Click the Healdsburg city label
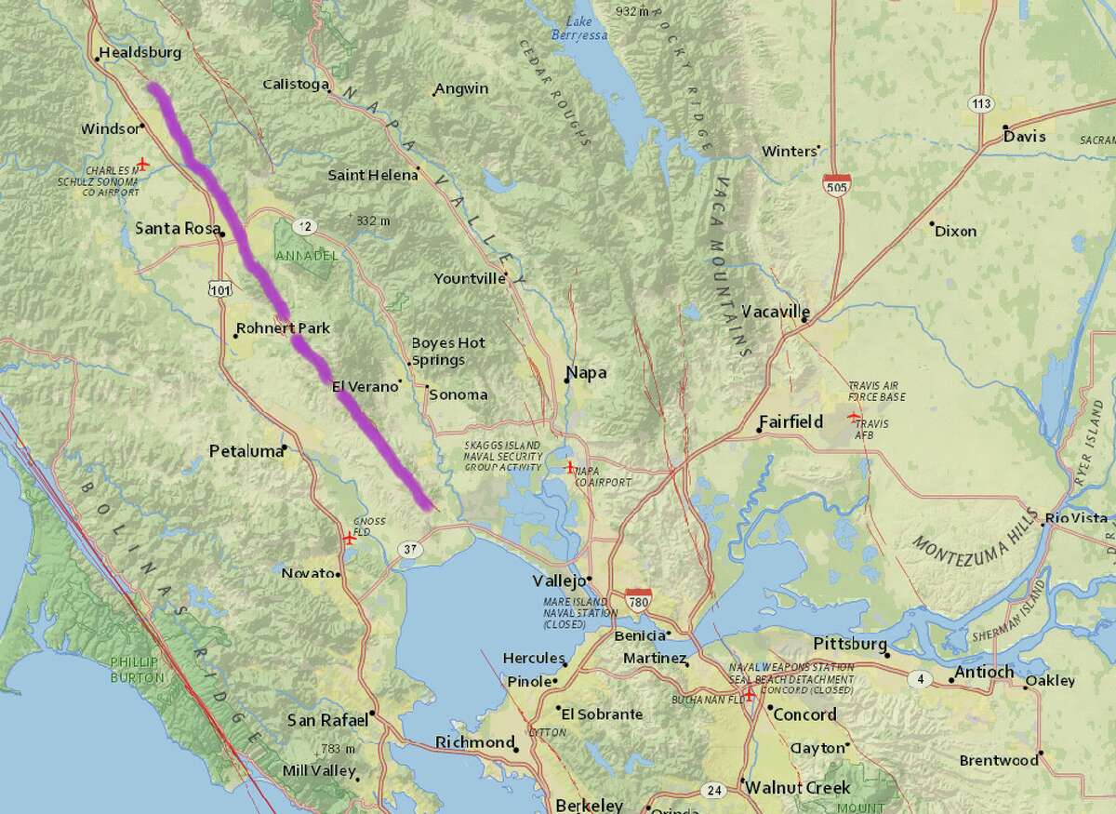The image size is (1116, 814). (x=139, y=53)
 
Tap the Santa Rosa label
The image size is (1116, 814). (x=178, y=229)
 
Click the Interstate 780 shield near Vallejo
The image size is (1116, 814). (x=638, y=598)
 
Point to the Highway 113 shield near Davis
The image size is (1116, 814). (x=977, y=103)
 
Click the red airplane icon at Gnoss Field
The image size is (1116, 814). (x=349, y=537)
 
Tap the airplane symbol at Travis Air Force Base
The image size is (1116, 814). (x=855, y=417)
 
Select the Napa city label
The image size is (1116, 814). (x=586, y=373)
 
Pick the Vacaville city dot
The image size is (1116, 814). (x=805, y=320)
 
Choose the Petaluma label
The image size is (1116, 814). (x=246, y=451)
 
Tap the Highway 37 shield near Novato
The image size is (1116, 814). (x=410, y=550)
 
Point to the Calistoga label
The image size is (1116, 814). (x=295, y=85)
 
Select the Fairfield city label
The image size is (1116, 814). (x=790, y=421)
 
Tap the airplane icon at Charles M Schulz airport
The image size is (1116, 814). (x=142, y=164)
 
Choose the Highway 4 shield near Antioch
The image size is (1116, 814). (x=920, y=680)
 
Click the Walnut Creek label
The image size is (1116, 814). (x=792, y=788)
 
